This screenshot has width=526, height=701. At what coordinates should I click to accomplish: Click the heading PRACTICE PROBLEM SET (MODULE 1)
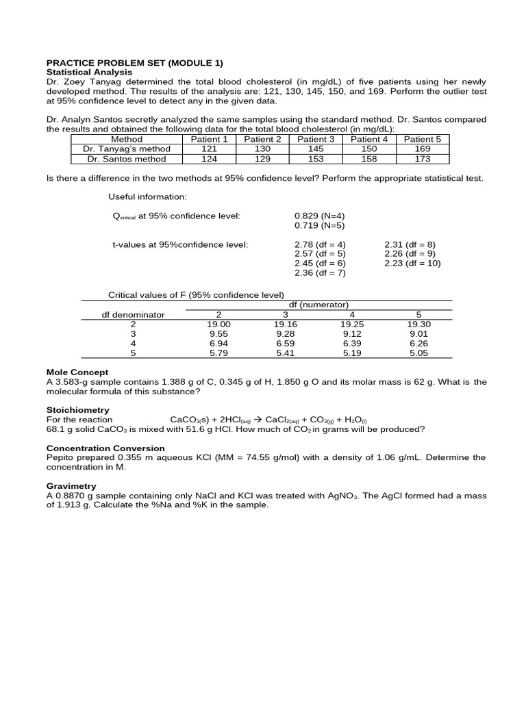(x=134, y=62)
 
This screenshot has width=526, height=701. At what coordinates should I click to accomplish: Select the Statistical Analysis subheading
(x=89, y=72)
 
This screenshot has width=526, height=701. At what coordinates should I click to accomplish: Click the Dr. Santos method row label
(x=126, y=159)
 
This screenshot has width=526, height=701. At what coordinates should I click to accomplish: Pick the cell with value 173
(x=423, y=159)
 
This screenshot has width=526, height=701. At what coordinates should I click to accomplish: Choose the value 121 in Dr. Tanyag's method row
(x=209, y=149)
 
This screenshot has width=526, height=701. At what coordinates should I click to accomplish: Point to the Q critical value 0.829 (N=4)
(x=320, y=216)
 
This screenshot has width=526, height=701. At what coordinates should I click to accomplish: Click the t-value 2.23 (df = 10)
(x=412, y=263)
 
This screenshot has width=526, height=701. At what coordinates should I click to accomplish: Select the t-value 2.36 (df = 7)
(x=320, y=272)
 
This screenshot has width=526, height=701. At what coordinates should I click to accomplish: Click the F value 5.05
(x=418, y=353)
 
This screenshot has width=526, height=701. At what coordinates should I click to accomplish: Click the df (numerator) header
(x=318, y=305)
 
